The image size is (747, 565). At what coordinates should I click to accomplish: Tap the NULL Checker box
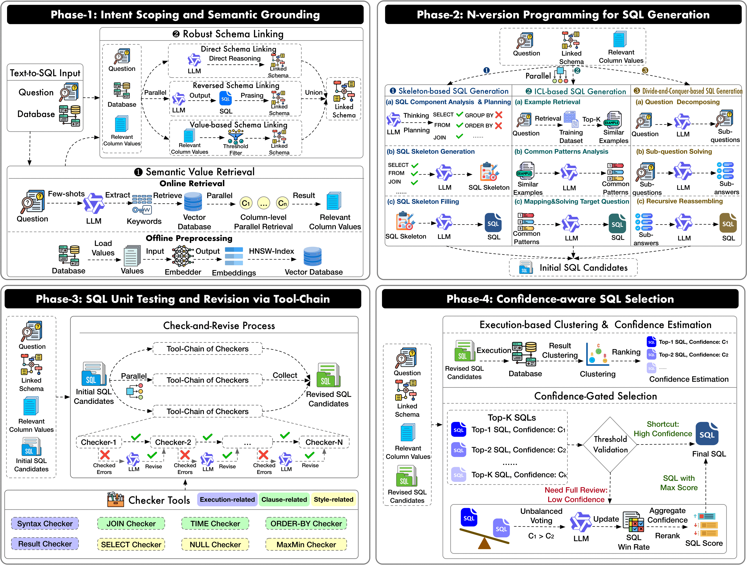[x=215, y=545]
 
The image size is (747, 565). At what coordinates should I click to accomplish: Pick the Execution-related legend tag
[x=227, y=499]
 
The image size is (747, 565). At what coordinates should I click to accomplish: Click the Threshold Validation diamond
[x=610, y=445]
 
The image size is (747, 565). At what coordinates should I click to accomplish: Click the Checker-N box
[x=324, y=442]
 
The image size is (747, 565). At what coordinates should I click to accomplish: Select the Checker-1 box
[x=99, y=442]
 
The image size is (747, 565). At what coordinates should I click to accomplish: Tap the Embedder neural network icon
[x=183, y=256]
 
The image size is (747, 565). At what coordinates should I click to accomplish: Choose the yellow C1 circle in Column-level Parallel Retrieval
[x=246, y=203]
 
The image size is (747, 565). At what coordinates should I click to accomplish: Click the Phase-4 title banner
[x=560, y=299]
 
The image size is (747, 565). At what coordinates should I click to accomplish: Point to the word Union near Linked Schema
[x=314, y=92]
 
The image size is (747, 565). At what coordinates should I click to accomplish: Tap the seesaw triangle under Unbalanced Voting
[x=484, y=543]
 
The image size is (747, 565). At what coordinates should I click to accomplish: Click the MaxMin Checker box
[x=306, y=545]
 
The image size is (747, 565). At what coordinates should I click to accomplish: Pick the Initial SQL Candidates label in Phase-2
[x=583, y=268]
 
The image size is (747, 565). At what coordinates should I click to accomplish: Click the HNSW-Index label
[x=271, y=251]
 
